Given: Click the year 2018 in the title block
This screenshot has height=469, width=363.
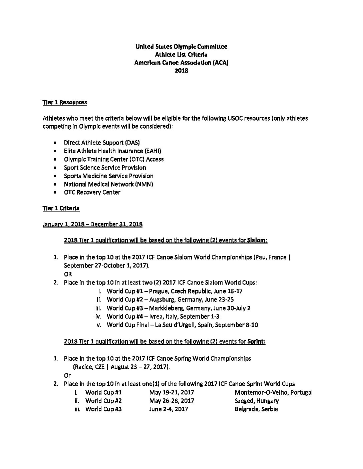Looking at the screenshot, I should (181, 70).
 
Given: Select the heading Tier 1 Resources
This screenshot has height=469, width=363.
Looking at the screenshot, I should (65, 102).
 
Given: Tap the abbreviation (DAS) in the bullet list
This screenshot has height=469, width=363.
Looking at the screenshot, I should (132, 143).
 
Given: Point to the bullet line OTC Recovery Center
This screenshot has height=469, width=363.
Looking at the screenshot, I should (92, 192).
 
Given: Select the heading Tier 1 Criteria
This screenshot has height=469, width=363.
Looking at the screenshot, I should (61, 208).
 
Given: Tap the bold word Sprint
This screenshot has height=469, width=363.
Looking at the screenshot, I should (256, 341).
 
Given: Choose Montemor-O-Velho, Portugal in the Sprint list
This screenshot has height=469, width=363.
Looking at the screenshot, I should (274, 392).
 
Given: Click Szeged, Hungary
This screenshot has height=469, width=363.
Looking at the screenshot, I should (257, 401).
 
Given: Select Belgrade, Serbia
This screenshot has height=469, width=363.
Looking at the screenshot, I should (256, 409).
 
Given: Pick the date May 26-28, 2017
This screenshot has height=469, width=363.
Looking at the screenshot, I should (171, 401).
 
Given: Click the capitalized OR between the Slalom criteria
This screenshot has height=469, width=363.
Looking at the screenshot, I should (68, 274).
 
